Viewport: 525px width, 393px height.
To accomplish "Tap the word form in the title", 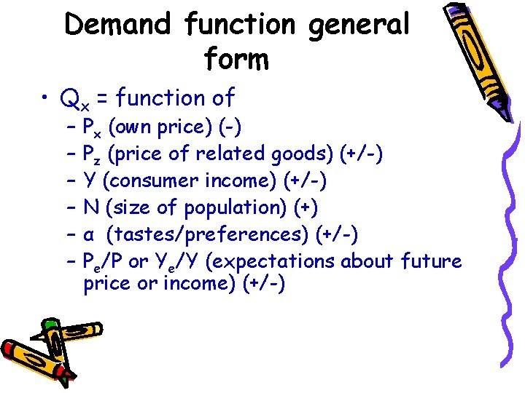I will (237, 59).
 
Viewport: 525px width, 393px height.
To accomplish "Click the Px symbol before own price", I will (93, 129).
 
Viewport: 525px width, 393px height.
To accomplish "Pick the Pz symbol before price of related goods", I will (93, 155).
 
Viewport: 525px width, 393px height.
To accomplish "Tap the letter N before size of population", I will (91, 207).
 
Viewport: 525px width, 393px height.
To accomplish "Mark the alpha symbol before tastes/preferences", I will (88, 235).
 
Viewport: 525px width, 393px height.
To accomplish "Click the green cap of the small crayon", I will (50, 325).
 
